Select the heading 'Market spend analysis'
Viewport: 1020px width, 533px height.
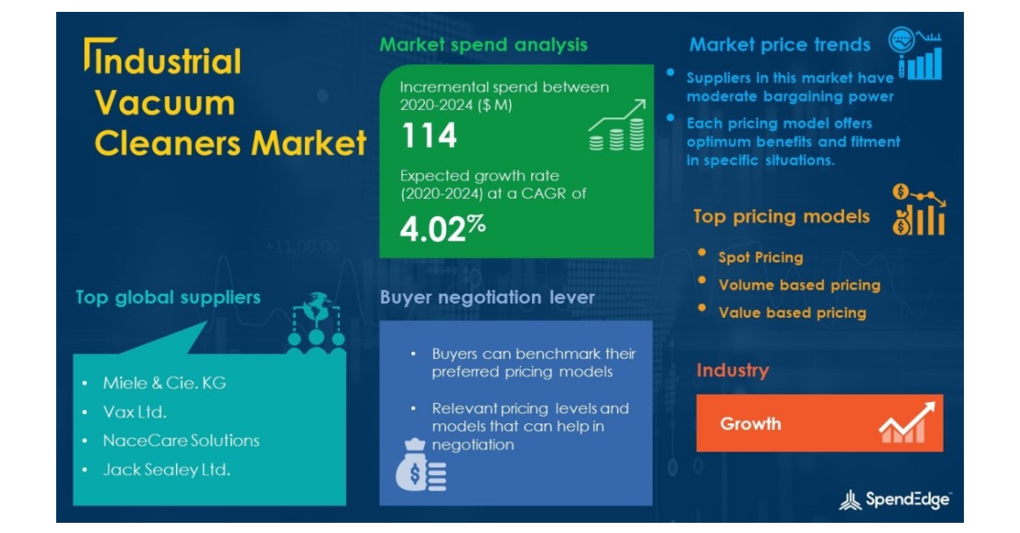tap(483, 44)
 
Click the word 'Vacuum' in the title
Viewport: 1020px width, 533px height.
tap(164, 103)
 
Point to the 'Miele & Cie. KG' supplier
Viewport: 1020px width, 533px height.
tap(165, 383)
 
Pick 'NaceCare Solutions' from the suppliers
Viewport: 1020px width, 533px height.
tap(181, 440)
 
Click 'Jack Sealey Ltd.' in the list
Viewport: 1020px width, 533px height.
tap(167, 469)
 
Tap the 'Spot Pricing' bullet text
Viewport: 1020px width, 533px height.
tap(760, 258)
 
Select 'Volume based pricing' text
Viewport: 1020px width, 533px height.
tap(799, 285)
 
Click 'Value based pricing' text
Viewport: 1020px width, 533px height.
tap(792, 313)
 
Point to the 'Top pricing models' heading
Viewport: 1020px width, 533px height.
tap(781, 217)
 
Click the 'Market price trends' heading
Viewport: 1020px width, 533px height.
tap(779, 45)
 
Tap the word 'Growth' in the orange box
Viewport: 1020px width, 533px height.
tap(751, 423)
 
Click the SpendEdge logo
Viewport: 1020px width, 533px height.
tap(894, 501)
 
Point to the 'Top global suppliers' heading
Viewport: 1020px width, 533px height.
tap(167, 298)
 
